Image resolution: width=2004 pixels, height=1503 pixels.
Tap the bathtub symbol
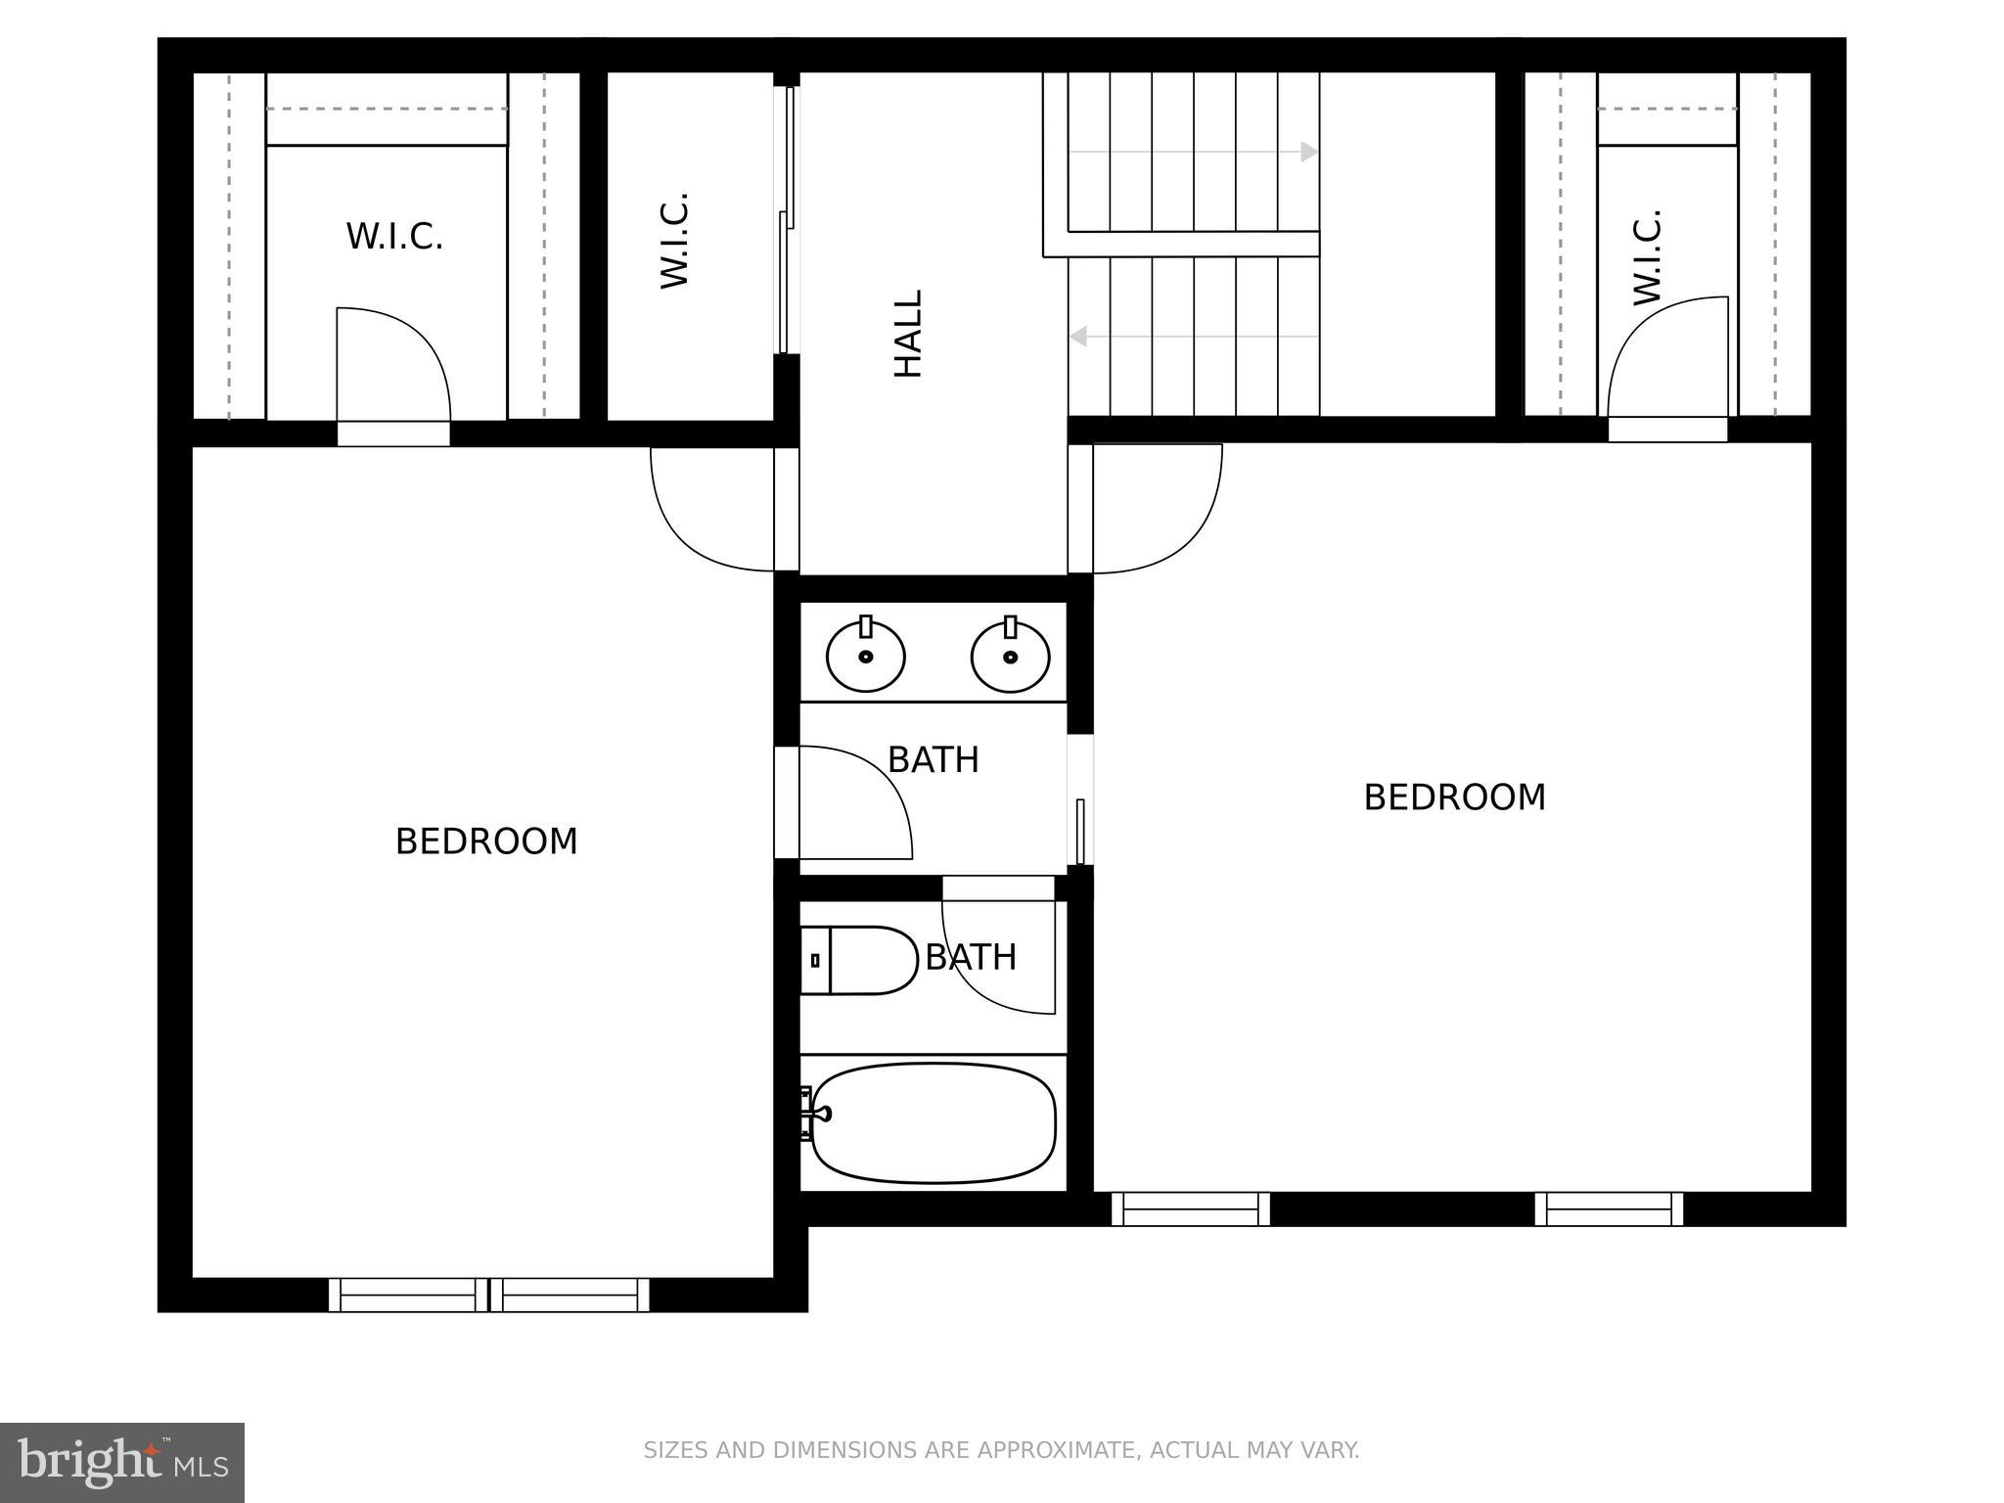(x=934, y=1121)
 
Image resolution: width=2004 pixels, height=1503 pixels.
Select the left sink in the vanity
(x=865, y=656)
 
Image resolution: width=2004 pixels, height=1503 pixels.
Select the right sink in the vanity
(x=1010, y=656)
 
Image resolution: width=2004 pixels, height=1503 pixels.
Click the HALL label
(x=909, y=333)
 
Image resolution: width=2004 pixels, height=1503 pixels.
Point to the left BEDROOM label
(x=486, y=842)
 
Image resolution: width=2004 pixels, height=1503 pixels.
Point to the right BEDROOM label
(x=1454, y=797)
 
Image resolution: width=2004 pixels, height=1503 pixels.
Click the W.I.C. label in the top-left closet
(x=394, y=237)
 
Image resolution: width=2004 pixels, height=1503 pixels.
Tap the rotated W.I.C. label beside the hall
(x=675, y=240)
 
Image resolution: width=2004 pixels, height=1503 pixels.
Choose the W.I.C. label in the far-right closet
(x=1648, y=256)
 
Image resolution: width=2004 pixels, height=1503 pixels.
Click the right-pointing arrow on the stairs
(x=1307, y=152)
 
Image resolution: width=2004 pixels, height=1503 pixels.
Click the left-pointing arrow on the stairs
(x=1079, y=336)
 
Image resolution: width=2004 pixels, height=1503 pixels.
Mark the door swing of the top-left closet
(x=391, y=364)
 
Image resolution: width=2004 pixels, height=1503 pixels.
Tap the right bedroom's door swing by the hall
(x=1157, y=509)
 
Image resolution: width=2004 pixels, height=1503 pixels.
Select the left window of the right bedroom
(x=1190, y=1208)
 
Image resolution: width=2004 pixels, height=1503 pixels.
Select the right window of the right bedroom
(x=1609, y=1208)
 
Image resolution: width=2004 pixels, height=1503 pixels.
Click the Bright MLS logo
(x=122, y=1462)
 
